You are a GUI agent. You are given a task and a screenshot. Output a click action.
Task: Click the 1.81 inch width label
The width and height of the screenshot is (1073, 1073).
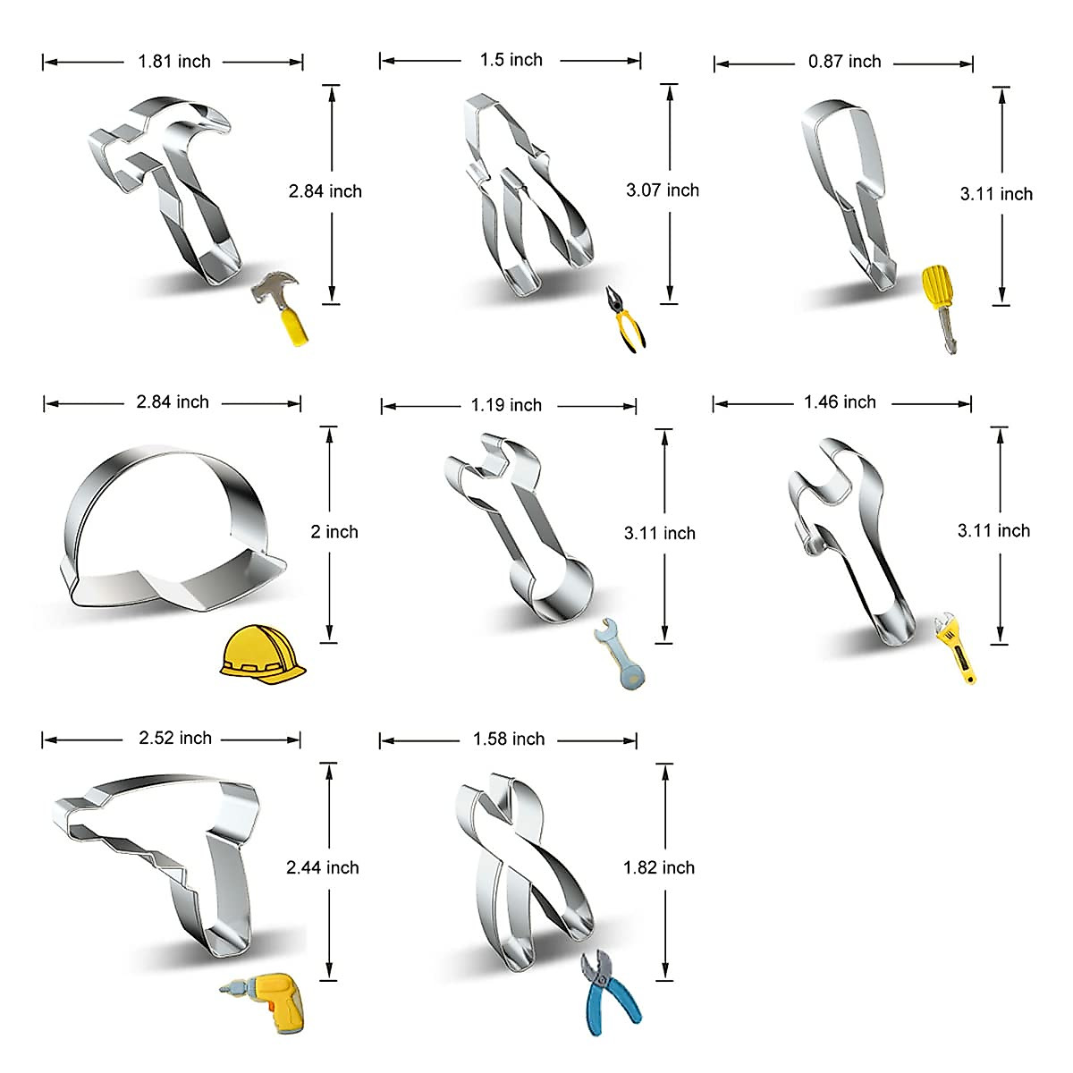click(x=173, y=62)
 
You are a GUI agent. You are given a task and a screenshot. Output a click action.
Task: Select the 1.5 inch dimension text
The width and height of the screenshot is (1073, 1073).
click(x=511, y=60)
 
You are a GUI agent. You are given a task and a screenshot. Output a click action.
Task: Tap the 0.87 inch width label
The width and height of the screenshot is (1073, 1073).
click(x=844, y=62)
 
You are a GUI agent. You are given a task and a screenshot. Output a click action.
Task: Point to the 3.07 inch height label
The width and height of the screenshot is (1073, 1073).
click(x=662, y=190)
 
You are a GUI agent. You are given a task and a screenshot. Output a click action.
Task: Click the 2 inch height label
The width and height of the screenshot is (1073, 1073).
click(x=334, y=532)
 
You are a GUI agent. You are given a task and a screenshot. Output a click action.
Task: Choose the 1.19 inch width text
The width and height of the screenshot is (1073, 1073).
click(x=506, y=406)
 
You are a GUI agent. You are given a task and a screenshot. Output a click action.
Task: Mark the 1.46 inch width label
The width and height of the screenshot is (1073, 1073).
click(x=840, y=402)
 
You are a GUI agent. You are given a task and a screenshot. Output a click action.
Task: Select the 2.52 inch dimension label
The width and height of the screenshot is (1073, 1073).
click(x=175, y=739)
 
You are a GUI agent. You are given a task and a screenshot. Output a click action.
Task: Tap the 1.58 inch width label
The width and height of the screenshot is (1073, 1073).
click(x=509, y=739)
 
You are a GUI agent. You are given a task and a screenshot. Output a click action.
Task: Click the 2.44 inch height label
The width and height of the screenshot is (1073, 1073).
click(x=322, y=867)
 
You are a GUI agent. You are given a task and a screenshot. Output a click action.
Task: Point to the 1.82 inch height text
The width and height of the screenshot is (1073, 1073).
click(x=658, y=867)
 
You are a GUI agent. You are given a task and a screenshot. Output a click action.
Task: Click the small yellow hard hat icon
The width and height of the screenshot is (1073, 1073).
click(x=261, y=655)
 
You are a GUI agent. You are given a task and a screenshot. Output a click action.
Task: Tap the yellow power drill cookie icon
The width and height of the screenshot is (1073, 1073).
click(x=261, y=1001)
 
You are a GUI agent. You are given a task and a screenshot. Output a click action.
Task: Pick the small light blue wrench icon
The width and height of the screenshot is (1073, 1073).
click(x=619, y=654)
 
